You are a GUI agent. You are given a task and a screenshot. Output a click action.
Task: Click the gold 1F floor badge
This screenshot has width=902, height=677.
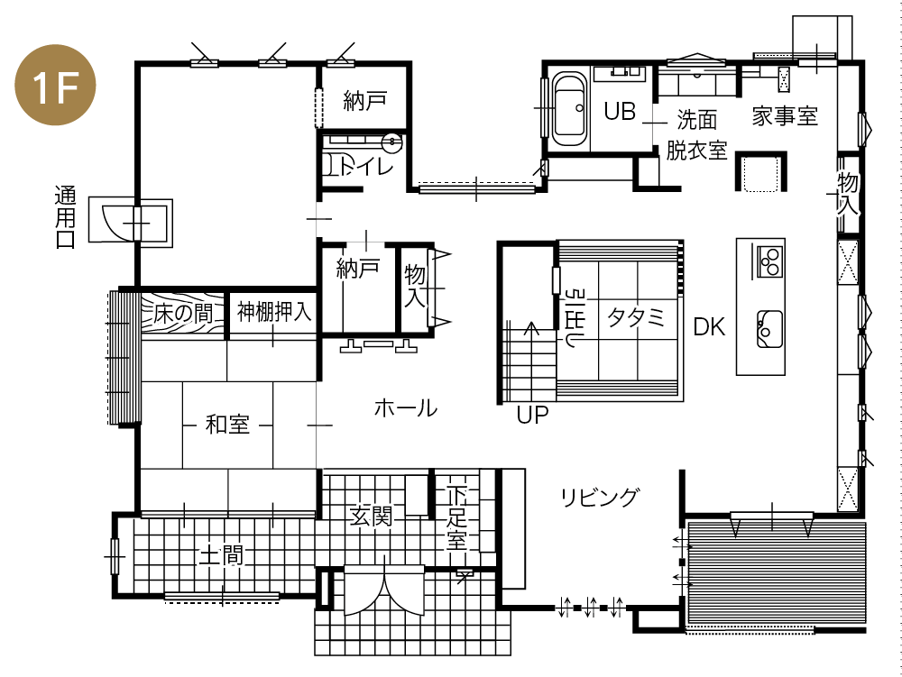pyautogui.click(x=56, y=87)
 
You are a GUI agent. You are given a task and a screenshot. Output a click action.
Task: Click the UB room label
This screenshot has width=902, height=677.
pyautogui.click(x=621, y=112)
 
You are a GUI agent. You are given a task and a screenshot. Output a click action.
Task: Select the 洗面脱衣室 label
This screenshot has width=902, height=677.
pyautogui.click(x=696, y=134)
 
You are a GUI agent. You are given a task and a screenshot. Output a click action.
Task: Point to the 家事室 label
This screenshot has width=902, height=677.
pyautogui.click(x=784, y=115)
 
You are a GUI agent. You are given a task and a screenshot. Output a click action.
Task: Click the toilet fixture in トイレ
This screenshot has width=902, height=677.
pyautogui.click(x=335, y=165)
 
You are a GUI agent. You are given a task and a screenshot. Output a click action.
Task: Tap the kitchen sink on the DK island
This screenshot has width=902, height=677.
pyautogui.click(x=769, y=327)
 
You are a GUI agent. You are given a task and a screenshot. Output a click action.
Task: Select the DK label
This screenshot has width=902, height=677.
pyautogui.click(x=709, y=327)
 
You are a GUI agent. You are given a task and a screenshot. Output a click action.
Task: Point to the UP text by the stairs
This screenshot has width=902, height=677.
pyautogui.click(x=532, y=416)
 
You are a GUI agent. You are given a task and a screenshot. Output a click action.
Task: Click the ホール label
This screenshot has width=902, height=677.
pyautogui.click(x=405, y=408)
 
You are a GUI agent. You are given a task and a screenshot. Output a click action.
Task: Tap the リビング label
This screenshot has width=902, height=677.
pyautogui.click(x=599, y=497)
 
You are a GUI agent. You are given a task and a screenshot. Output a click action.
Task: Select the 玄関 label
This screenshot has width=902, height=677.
pyautogui.click(x=371, y=517)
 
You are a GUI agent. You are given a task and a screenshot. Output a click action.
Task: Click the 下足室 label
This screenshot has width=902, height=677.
pyautogui.click(x=457, y=519)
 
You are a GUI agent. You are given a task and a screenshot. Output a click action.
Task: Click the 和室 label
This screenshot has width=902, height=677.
pyautogui.click(x=227, y=424)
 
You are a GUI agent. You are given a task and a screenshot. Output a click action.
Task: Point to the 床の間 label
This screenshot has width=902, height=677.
pyautogui.click(x=183, y=314)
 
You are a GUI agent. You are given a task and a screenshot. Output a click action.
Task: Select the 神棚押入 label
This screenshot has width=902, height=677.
pyautogui.click(x=274, y=313)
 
